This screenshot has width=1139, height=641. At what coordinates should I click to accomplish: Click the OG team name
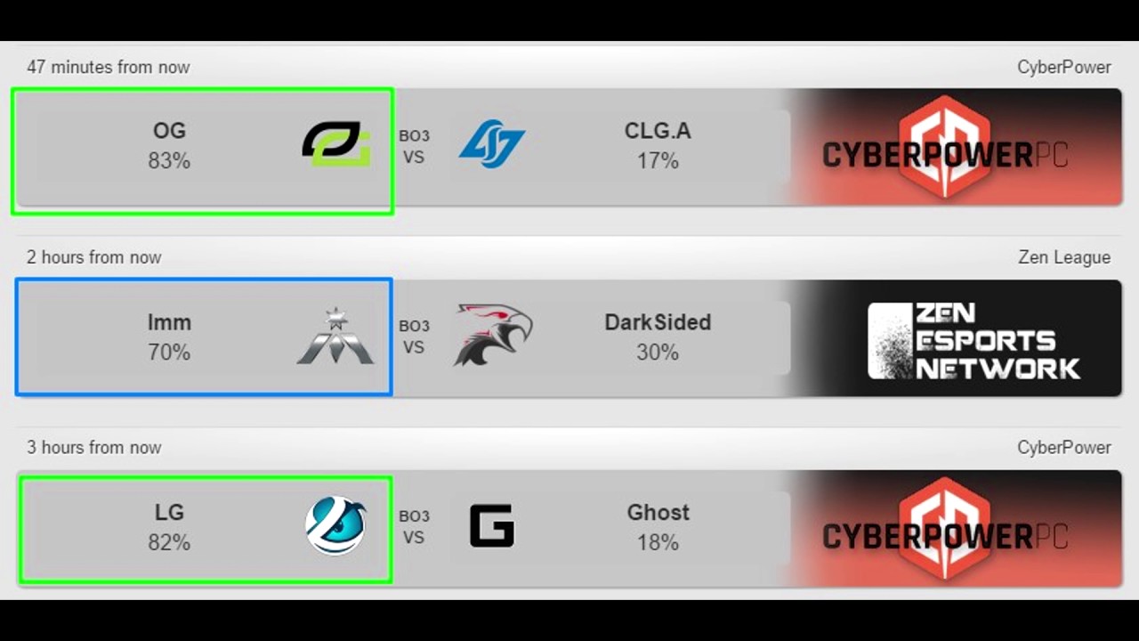[169, 131]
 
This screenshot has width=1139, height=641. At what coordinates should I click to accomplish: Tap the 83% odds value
[169, 161]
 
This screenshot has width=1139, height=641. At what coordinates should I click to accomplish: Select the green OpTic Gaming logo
[335, 144]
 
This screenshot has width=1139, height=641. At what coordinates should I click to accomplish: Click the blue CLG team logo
[491, 144]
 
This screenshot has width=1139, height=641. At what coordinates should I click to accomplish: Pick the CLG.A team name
[658, 131]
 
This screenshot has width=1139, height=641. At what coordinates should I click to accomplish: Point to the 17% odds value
[658, 161]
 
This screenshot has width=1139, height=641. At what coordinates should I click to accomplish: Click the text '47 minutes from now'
[108, 67]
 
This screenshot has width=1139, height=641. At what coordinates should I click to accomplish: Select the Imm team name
[169, 322]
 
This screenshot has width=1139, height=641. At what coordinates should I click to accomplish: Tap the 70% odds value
[169, 353]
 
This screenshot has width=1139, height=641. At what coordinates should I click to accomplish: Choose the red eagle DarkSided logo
[492, 335]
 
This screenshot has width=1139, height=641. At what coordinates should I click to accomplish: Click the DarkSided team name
[658, 322]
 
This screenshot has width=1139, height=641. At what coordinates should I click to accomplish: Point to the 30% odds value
[658, 353]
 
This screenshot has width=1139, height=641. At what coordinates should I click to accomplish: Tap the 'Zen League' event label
[1064, 257]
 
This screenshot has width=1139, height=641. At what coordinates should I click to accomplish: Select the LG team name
[169, 513]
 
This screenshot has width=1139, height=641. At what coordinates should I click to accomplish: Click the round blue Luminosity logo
[335, 525]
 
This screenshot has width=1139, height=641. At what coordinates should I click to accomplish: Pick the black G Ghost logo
[492, 525]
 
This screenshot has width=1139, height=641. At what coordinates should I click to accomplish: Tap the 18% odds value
[658, 542]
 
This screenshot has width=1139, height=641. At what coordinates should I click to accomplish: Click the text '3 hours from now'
[93, 447]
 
